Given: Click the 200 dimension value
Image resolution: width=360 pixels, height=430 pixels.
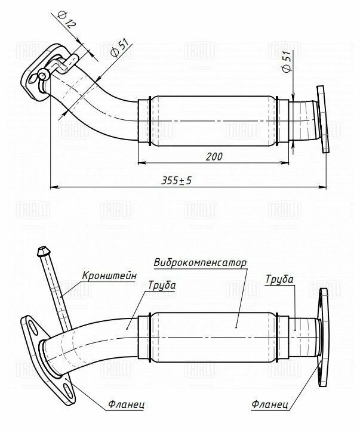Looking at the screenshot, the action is (214, 157).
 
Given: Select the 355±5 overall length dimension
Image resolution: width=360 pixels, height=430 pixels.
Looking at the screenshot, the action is (176, 181).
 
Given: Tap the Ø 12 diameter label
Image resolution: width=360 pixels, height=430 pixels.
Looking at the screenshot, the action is (66, 20).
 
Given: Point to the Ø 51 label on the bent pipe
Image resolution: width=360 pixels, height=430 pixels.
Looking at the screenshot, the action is (119, 48).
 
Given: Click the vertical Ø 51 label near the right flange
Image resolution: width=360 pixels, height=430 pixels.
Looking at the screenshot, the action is (287, 61).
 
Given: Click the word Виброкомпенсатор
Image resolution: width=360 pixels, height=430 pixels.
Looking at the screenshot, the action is (200, 263).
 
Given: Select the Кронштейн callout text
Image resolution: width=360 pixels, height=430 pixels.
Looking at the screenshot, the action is (109, 276).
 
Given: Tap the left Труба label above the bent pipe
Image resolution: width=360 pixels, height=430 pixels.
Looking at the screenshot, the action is (161, 286).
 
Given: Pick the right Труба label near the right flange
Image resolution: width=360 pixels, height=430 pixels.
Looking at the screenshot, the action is (279, 280).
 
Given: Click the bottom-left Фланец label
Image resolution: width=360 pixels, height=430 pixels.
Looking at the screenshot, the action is (126, 404).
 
